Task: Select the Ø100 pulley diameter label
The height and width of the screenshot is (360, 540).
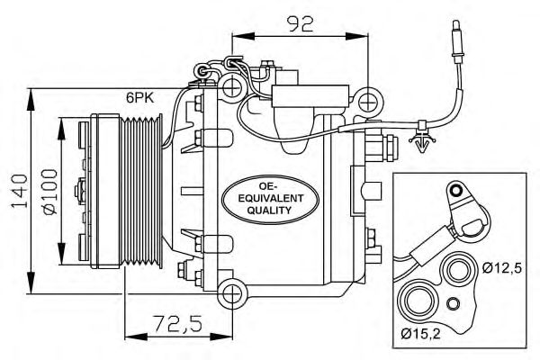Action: click(x=50, y=191)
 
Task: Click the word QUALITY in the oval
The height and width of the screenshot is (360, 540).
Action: click(x=269, y=210)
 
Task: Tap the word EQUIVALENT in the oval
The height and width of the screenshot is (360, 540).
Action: click(x=270, y=195)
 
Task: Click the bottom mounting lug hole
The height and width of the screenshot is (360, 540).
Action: click(x=233, y=292)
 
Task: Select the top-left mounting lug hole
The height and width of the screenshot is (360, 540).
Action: click(x=232, y=87)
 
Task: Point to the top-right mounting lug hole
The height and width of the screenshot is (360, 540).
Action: click(x=368, y=98)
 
